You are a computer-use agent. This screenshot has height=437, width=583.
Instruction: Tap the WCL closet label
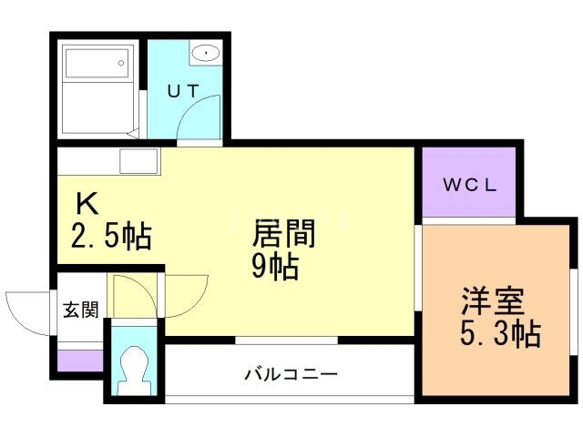click(469, 186)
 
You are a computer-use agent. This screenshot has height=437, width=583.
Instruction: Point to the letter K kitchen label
click(86, 202)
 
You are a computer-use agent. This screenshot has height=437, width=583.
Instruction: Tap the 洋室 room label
click(492, 300)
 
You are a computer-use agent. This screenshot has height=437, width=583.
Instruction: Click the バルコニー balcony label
click(291, 373)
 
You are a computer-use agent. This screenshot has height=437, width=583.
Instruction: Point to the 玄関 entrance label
click(80, 310)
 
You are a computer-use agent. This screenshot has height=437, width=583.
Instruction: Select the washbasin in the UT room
click(206, 53)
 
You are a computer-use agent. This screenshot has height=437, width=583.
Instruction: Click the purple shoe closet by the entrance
click(80, 360)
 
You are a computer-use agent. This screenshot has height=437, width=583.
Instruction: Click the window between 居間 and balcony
click(286, 341)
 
